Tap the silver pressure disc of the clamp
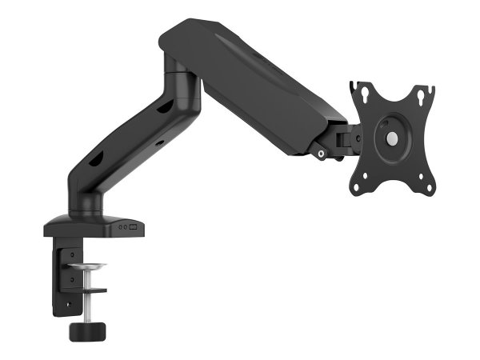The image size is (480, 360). pos(87,266)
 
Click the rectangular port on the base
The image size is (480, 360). pos(134,228)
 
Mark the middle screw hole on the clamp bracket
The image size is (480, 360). pos(71,279)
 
